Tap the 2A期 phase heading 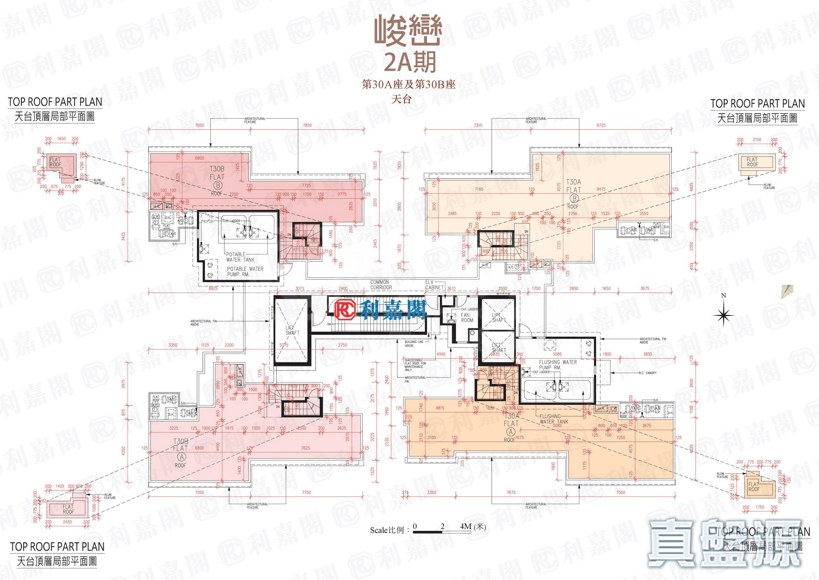click(x=410, y=62)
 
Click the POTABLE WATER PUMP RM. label click(x=245, y=272)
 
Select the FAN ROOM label click(x=467, y=317)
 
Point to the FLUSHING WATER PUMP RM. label click(x=557, y=365)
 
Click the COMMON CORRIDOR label click(x=380, y=285)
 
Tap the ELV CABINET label click(x=434, y=285)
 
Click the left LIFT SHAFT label click(x=292, y=330)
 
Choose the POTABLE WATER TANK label click(x=240, y=257)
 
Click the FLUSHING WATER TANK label click(x=553, y=419)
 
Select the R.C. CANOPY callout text click(x=648, y=373)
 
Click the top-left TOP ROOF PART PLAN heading click(x=55, y=102)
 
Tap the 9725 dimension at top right click(x=601, y=125)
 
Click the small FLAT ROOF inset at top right click(x=752, y=162)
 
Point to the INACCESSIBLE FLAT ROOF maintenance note click(x=415, y=365)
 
